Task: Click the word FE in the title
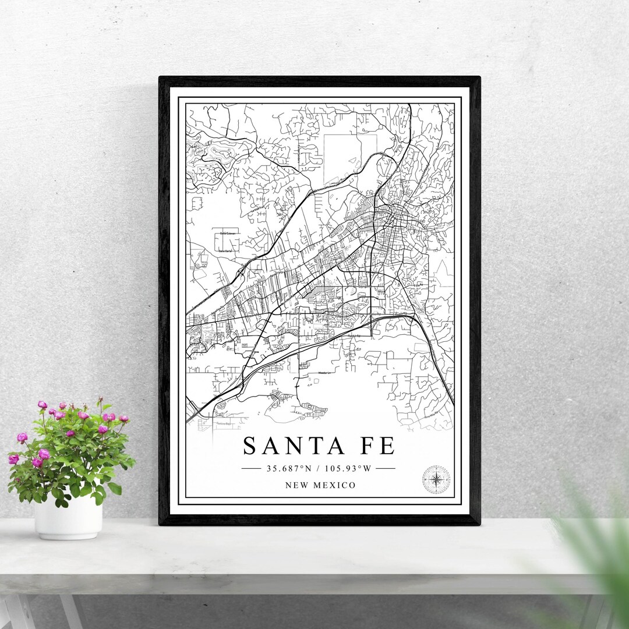[x=377, y=446]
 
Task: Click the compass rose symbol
[x=436, y=480]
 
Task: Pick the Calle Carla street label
[x=225, y=250]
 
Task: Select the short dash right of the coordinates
[x=385, y=468]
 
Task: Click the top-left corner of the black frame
[x=161, y=78]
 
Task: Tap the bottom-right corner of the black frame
[x=478, y=523]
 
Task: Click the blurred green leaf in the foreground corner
[x=594, y=553]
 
